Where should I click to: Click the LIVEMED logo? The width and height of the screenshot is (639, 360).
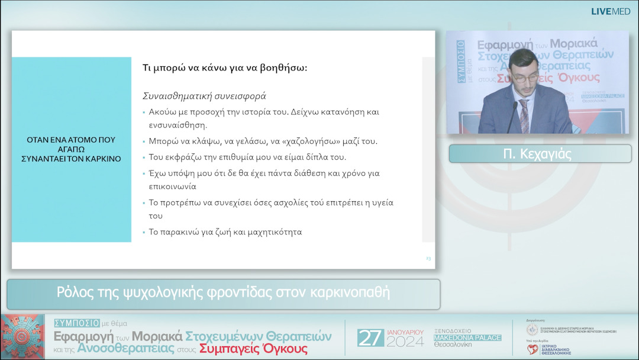[x=611, y=11]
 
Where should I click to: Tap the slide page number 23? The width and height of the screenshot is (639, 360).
[x=428, y=259]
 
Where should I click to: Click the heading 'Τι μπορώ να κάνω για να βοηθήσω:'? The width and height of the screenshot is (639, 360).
[x=225, y=67]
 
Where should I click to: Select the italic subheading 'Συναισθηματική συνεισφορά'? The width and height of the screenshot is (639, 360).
[x=204, y=95]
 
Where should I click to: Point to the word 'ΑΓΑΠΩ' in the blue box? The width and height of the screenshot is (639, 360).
[x=71, y=149]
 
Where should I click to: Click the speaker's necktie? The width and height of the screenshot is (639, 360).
[x=524, y=116]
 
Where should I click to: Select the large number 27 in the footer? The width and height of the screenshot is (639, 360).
[x=370, y=337]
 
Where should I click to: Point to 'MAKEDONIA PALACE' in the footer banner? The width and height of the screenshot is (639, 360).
[x=467, y=337]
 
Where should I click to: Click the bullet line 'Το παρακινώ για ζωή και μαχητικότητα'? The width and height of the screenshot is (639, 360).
[x=225, y=232]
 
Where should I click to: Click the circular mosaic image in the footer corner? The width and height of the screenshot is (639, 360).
[x=22, y=337]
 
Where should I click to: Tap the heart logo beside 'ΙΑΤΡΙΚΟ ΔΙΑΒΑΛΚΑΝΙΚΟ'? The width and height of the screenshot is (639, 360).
[x=532, y=349]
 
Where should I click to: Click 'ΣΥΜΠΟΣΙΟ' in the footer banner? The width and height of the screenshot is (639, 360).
[x=76, y=323]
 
